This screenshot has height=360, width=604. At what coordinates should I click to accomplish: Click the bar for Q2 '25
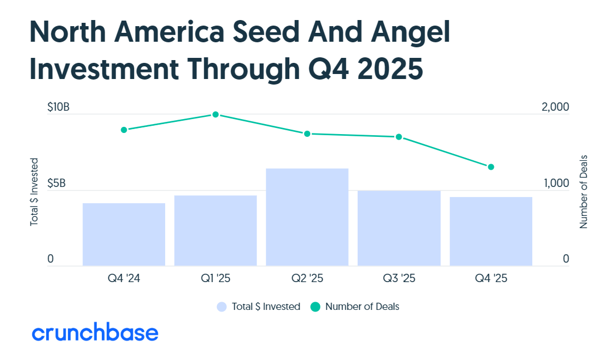(307, 217)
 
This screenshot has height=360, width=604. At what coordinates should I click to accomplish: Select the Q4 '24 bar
(124, 234)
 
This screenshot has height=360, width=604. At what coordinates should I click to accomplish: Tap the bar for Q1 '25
(215, 230)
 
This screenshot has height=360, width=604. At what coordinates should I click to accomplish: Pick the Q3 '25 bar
(399, 228)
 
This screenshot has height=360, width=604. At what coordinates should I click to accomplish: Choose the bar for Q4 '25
(491, 231)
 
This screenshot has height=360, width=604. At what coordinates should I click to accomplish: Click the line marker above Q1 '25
(215, 115)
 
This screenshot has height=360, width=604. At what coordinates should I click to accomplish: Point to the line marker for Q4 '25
(491, 167)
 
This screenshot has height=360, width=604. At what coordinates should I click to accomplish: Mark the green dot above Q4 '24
(124, 130)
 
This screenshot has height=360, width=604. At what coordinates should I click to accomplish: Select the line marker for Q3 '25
(399, 137)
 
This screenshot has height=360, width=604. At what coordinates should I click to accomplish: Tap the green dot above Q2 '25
(307, 134)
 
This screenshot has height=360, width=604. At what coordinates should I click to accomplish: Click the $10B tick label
(58, 107)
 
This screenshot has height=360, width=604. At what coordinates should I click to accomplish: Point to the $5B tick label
(56, 183)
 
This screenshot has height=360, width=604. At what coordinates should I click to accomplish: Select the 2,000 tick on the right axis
(555, 107)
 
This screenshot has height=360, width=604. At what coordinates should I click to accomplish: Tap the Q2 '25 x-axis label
(307, 279)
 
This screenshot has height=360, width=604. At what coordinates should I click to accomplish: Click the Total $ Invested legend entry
(259, 307)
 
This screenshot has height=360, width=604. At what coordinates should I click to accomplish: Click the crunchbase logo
(95, 333)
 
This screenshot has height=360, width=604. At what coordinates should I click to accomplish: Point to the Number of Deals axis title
(583, 191)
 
